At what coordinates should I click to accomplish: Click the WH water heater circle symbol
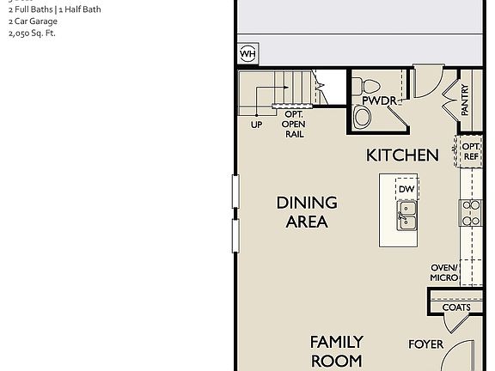[x=247, y=54]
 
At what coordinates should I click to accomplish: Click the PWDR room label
[x=379, y=101]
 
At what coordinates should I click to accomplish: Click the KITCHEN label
[x=402, y=155]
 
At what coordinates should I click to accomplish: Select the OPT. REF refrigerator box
[x=471, y=152]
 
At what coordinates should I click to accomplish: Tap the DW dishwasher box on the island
[x=406, y=189]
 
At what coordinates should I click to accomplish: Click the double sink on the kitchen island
[x=406, y=216]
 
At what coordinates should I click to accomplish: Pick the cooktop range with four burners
[x=471, y=212]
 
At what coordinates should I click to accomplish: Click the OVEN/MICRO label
[x=443, y=272]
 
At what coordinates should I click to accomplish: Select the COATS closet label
[x=456, y=307]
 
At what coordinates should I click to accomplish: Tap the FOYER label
[x=425, y=344]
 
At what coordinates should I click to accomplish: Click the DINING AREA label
[x=306, y=212]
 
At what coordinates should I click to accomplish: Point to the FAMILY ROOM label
[x=336, y=351]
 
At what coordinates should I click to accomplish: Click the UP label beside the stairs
[x=256, y=125]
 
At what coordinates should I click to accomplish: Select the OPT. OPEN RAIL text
[x=294, y=125]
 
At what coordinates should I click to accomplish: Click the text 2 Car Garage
[x=33, y=21]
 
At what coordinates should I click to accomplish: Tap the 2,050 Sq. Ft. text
[x=31, y=33]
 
